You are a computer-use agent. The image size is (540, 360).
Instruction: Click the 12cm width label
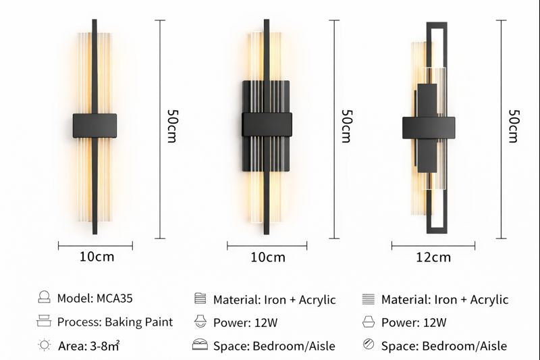tap(433, 257)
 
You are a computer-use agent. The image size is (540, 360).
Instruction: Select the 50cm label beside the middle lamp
tap(345, 126)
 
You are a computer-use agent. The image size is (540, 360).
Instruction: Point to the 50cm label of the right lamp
tap(513, 126)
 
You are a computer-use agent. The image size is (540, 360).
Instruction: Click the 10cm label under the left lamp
tap(97, 257)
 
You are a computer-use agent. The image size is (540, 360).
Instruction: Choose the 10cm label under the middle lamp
tap(268, 257)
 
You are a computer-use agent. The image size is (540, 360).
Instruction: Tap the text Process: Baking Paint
tap(115, 322)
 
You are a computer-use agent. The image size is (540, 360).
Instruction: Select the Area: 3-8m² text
tap(88, 346)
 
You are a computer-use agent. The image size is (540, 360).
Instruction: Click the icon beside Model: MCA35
tap(45, 297)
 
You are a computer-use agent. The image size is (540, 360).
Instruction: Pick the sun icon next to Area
tap(45, 345)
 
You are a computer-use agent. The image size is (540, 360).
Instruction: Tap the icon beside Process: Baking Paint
tap(45, 321)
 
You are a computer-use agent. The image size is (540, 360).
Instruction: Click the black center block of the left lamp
tap(94, 126)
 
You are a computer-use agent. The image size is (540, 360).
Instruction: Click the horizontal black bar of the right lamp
tap(429, 127)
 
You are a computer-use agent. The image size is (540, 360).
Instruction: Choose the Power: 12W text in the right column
tap(413, 323)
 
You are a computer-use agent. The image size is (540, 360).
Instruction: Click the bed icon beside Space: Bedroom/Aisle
tap(200, 345)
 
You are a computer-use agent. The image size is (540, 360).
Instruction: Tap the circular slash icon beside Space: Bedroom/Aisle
tap(368, 344)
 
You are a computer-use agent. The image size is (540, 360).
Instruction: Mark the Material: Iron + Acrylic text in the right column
tap(444, 299)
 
